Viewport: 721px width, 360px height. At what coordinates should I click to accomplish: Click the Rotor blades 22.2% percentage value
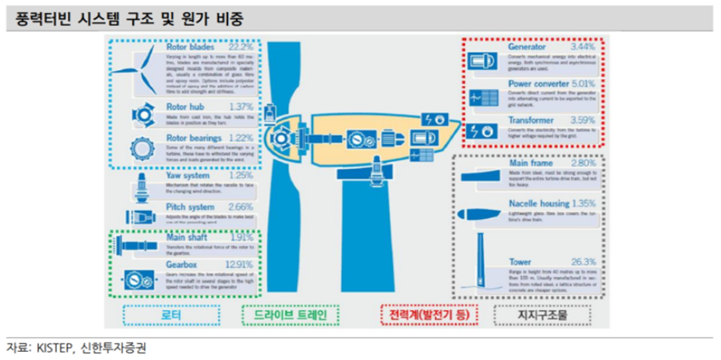[x=242, y=48]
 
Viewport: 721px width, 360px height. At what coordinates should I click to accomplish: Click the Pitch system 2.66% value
[x=242, y=209]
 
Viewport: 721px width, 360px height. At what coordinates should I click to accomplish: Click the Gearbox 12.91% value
[x=241, y=265]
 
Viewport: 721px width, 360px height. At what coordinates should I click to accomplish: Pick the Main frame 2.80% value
[x=584, y=163]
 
